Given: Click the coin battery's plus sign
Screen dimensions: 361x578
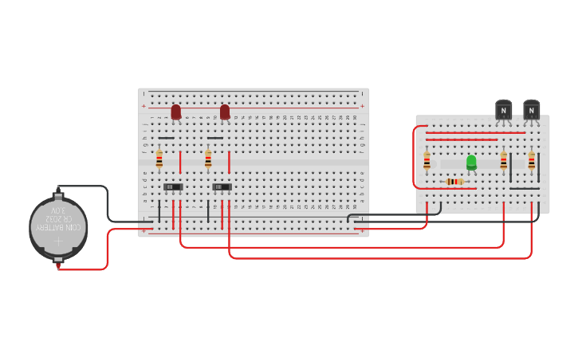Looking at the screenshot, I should [58, 241].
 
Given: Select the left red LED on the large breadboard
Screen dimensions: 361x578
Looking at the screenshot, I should [176, 112].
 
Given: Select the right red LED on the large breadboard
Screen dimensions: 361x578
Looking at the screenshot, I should [225, 112].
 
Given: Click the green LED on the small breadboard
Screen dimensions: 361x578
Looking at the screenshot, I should [471, 163].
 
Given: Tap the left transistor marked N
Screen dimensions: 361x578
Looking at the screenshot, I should [503, 110].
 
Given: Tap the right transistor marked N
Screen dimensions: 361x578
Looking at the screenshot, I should [531, 110].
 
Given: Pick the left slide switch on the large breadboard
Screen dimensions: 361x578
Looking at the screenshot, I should [173, 187].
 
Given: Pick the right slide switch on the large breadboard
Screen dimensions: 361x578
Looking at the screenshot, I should [222, 187].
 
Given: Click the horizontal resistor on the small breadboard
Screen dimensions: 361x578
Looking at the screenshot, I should [453, 182].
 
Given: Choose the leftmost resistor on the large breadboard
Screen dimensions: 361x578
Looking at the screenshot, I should [159, 159].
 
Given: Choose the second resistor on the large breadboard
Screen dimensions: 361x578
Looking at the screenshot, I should [208, 159].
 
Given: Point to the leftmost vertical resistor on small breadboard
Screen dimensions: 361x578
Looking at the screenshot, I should [427, 161].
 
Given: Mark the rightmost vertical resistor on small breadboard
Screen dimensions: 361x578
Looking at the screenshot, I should [532, 161].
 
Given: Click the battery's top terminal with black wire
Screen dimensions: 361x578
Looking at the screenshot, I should [58, 193].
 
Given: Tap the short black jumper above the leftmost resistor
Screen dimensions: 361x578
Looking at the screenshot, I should [166, 138].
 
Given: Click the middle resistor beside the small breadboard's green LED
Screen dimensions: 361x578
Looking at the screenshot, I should [503, 161].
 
